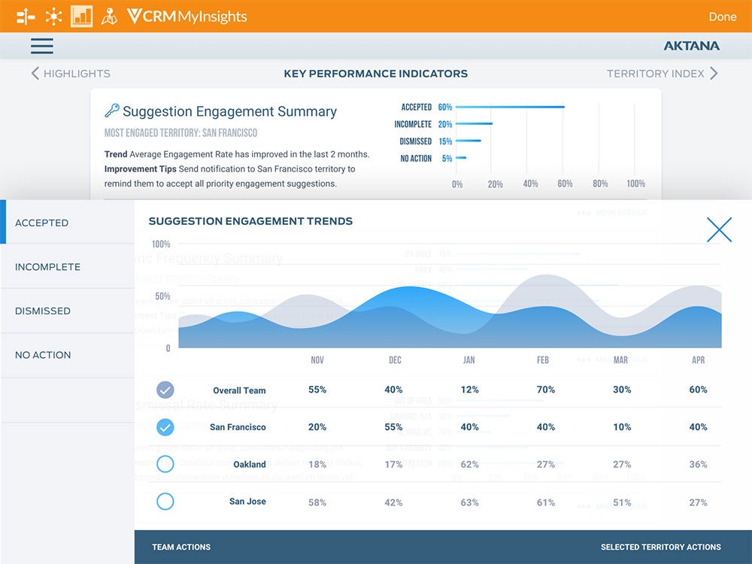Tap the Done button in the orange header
click(x=723, y=17)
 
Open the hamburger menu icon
click(x=42, y=46)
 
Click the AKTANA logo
click(x=691, y=46)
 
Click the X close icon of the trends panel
click(x=719, y=229)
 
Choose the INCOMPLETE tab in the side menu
click(x=47, y=267)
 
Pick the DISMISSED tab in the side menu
click(x=43, y=311)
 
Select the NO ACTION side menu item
click(x=43, y=355)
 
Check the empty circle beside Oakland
click(x=165, y=464)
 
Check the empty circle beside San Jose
click(x=165, y=502)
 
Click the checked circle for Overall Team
click(x=165, y=390)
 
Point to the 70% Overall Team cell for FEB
click(x=546, y=390)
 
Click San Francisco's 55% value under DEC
click(x=393, y=427)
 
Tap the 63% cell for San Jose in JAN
click(x=470, y=502)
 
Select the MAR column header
click(x=620, y=360)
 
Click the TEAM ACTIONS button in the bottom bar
click(x=181, y=547)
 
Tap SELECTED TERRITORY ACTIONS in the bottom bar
click(x=660, y=547)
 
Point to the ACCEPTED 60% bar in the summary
click(x=510, y=107)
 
